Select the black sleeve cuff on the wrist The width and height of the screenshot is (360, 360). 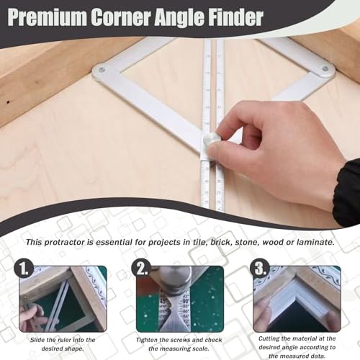point(348,191)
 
